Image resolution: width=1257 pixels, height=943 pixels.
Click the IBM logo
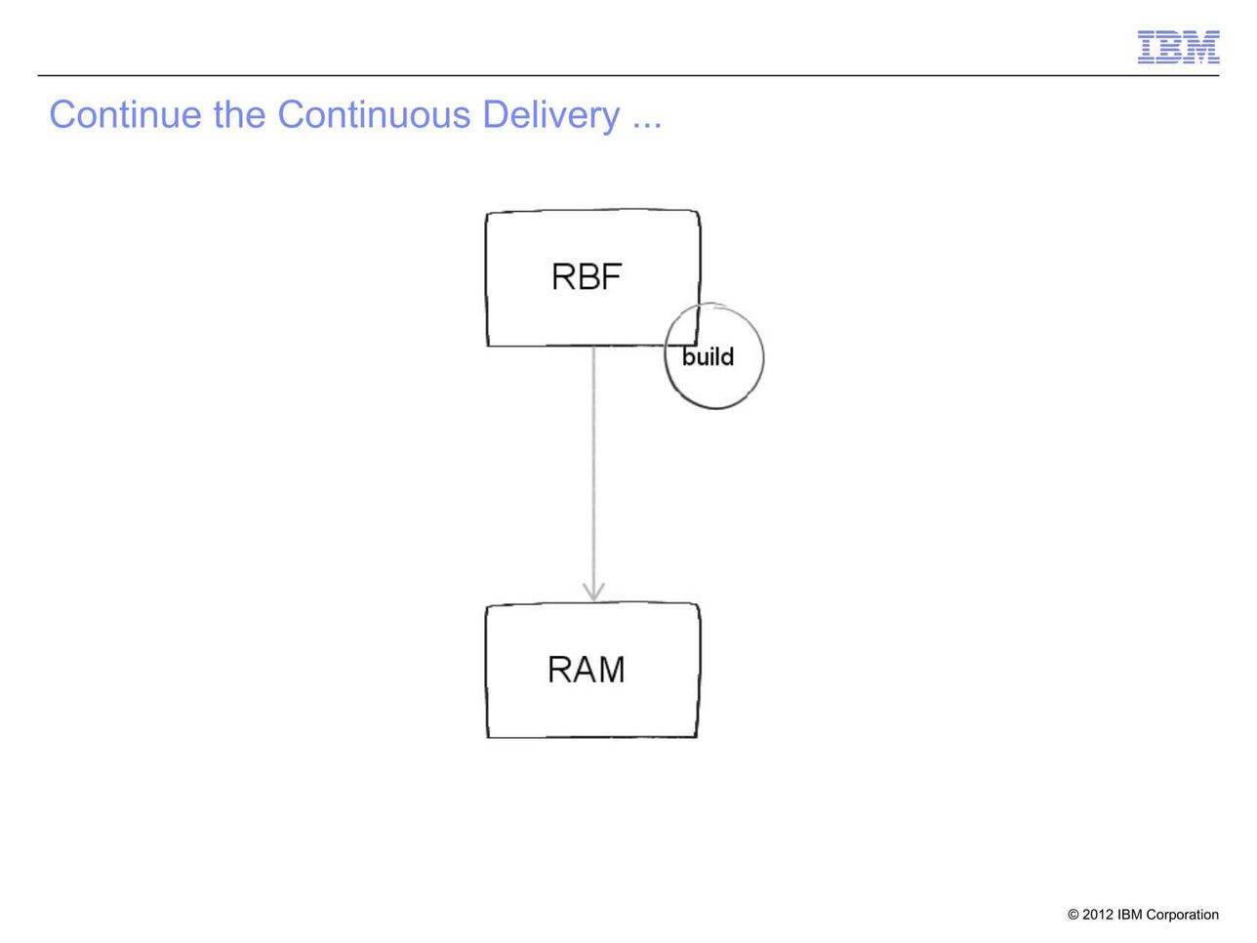pos(1178,47)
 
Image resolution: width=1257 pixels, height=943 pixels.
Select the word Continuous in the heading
pos(374,114)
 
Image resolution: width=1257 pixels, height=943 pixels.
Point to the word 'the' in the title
pos(239,114)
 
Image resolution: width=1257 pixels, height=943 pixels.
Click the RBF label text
pos(587,277)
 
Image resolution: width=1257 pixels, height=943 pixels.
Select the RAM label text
pos(587,670)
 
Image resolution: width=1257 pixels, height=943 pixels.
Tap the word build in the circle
pos(708,356)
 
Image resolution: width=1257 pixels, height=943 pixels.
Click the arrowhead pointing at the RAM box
pos(593,593)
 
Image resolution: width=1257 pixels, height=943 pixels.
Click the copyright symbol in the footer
pos(1074,915)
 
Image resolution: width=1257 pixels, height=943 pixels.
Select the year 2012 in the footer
pos(1097,915)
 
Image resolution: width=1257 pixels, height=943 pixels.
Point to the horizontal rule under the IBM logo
pos(628,75)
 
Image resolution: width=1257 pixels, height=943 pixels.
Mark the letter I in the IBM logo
pos(1146,47)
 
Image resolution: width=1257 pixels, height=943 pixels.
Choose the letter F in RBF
pos(612,277)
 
